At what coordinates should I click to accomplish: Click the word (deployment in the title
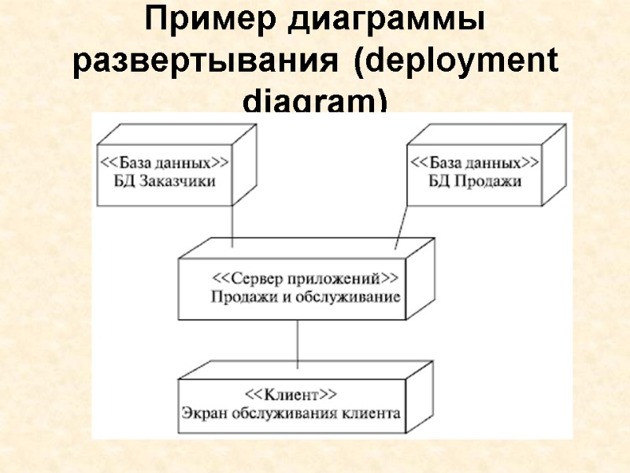pos(456,63)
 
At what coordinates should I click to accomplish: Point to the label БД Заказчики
pos(164,181)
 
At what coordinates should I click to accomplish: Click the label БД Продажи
pos(474,181)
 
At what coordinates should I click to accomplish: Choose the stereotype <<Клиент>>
pos(291,394)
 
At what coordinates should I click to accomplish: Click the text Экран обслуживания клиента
pos(291,412)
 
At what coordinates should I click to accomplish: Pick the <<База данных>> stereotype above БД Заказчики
pos(164,163)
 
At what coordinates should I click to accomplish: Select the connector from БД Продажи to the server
pos(400,229)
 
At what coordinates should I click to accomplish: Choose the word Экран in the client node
pos(202,412)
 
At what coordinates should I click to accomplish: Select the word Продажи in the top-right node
pos(487,181)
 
